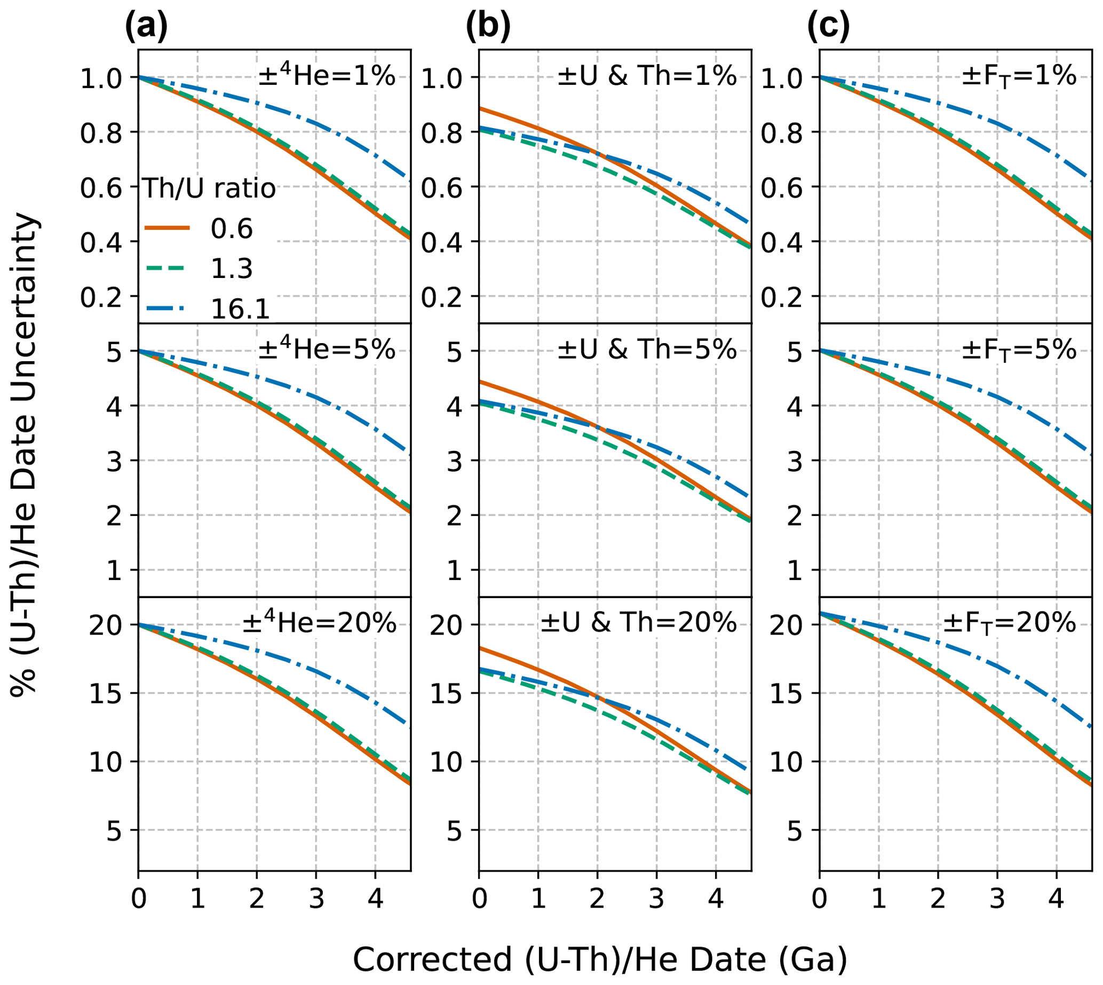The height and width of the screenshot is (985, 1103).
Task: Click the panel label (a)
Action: click(x=146, y=26)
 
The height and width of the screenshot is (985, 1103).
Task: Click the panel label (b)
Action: click(x=488, y=26)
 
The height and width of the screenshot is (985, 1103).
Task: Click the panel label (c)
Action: click(x=828, y=26)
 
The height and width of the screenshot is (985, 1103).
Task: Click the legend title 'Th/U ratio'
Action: click(x=209, y=189)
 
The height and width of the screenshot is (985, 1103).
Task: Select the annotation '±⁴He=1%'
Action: click(x=327, y=76)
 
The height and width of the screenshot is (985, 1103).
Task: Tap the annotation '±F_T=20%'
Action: click(x=1010, y=623)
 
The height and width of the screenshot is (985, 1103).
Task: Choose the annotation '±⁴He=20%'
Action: click(x=319, y=623)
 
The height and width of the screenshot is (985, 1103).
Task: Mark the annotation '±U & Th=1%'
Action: click(x=647, y=76)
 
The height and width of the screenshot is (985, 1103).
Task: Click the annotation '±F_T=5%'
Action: click(x=1019, y=350)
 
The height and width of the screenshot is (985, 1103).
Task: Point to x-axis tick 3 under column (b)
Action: click(x=656, y=899)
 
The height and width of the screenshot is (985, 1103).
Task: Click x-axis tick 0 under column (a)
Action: click(x=139, y=899)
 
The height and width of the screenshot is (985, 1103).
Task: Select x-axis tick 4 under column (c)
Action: click(x=1056, y=899)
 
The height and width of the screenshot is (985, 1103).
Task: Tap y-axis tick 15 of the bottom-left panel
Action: click(x=105, y=693)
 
